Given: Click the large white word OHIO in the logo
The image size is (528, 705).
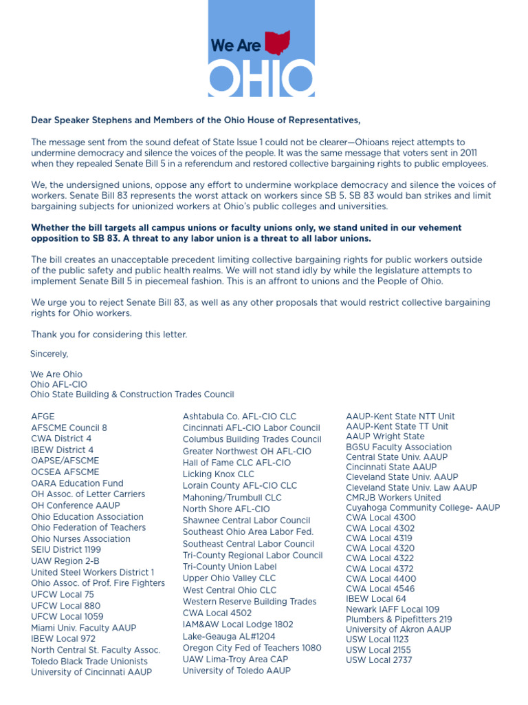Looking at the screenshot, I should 261,78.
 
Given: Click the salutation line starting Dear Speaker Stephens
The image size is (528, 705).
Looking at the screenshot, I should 195,120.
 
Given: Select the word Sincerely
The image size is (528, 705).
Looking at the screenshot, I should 49,354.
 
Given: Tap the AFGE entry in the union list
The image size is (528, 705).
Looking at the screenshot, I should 43,417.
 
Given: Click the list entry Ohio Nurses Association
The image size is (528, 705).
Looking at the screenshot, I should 80,539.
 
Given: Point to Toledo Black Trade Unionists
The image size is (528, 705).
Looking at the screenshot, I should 89,662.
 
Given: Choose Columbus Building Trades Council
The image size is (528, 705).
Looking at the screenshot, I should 252,439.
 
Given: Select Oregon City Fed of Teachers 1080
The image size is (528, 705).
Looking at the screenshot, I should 252,648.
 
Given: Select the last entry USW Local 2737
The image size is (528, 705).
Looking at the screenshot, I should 379,660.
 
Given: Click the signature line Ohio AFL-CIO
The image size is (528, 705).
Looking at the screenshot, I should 59,384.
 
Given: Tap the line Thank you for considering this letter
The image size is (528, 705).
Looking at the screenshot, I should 109,335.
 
